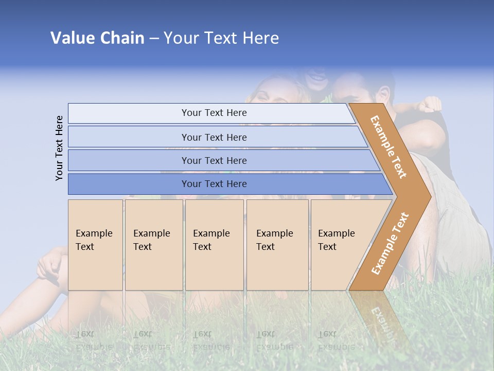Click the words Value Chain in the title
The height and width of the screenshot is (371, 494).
97,38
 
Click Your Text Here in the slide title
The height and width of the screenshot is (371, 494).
221,38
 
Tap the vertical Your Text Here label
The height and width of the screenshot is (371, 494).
59,148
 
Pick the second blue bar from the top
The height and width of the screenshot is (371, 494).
214,137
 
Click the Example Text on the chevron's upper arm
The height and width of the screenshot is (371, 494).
389,147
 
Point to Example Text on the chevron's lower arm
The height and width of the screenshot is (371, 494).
390,243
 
